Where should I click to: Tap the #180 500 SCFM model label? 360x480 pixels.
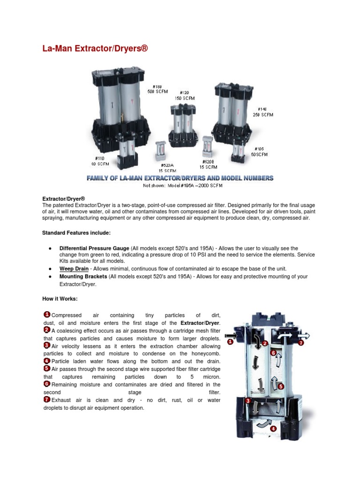(158, 89)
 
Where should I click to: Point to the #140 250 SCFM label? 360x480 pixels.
(262, 112)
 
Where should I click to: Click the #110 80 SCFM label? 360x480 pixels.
(100, 161)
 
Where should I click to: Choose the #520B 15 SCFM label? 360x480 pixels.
(208, 164)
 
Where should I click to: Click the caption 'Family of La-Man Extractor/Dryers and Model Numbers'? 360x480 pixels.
(180, 178)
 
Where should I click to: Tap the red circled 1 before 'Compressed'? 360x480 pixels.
(47, 315)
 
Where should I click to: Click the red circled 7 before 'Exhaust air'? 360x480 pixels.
(47, 399)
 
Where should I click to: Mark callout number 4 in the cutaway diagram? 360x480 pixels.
(273, 428)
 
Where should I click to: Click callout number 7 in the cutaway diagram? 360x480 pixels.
(300, 343)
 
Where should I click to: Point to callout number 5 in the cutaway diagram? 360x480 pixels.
(280, 386)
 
